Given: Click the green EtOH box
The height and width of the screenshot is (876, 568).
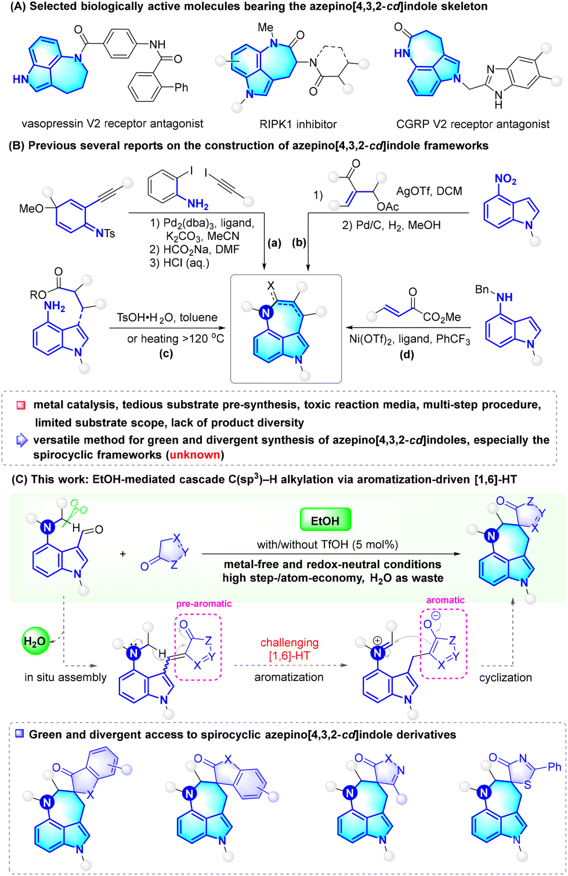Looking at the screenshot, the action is (325, 521).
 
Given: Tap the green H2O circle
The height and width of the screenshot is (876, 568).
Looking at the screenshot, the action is (35, 641).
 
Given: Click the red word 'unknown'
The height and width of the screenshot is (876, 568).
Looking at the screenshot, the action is (194, 455).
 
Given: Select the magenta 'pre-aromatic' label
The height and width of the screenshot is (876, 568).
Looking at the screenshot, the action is (204, 604).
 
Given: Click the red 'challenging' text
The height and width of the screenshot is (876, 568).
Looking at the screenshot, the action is (290, 643).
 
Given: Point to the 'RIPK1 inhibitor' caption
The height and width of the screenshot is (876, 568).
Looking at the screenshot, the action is (298, 125).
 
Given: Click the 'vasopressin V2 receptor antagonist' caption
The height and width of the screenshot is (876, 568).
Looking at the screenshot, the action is (113, 124).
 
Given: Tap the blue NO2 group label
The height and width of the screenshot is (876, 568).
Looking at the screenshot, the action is (505, 180).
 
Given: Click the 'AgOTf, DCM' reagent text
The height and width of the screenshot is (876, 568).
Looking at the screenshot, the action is (429, 191).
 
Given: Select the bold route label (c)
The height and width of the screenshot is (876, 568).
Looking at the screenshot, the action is (166, 354).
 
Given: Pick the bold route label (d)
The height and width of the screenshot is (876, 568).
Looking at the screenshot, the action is (407, 355).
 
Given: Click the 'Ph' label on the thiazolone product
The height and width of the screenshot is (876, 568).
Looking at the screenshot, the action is (554, 767).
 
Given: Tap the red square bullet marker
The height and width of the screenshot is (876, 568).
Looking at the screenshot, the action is (21, 405).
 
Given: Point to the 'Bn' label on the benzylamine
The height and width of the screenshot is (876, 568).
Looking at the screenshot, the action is (482, 289).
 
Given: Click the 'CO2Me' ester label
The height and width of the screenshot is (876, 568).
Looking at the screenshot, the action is (442, 318).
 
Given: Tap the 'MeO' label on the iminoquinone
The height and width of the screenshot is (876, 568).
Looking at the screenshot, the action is (31, 209).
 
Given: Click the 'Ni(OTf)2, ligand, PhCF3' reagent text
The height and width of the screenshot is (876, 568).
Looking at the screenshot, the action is (410, 340).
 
